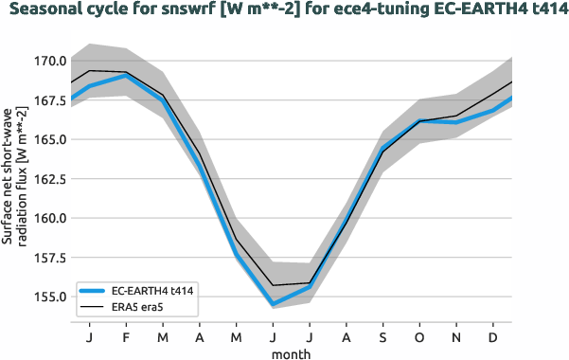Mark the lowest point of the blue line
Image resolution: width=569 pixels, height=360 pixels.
click(x=274, y=304)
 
